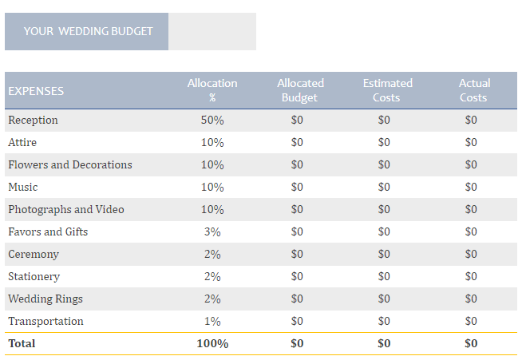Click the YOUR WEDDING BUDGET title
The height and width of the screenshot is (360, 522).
click(87, 31)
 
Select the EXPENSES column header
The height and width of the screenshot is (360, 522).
click(36, 91)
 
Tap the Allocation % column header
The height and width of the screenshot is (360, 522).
click(212, 90)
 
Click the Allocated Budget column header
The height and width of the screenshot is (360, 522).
click(300, 90)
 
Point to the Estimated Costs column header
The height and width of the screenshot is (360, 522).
click(387, 90)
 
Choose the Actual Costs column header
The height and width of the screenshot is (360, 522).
click(473, 90)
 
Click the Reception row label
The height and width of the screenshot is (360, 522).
click(33, 120)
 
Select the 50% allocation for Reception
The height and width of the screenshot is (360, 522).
click(212, 120)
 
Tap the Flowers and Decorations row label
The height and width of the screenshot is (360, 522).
click(70, 164)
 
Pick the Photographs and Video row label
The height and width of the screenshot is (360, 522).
click(66, 209)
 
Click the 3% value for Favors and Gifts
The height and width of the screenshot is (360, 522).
click(212, 231)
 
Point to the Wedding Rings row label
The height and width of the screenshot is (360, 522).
click(45, 299)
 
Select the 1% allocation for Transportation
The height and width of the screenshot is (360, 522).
click(212, 321)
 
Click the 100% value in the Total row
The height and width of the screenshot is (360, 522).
click(212, 343)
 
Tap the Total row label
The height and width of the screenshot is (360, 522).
click(22, 343)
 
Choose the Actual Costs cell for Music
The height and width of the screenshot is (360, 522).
click(471, 187)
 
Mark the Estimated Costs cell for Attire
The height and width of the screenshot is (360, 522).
click(384, 142)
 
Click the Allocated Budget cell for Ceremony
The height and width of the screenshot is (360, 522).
click(297, 254)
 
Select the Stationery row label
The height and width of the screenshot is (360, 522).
click(34, 276)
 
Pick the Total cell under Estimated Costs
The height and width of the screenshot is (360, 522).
click(384, 343)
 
